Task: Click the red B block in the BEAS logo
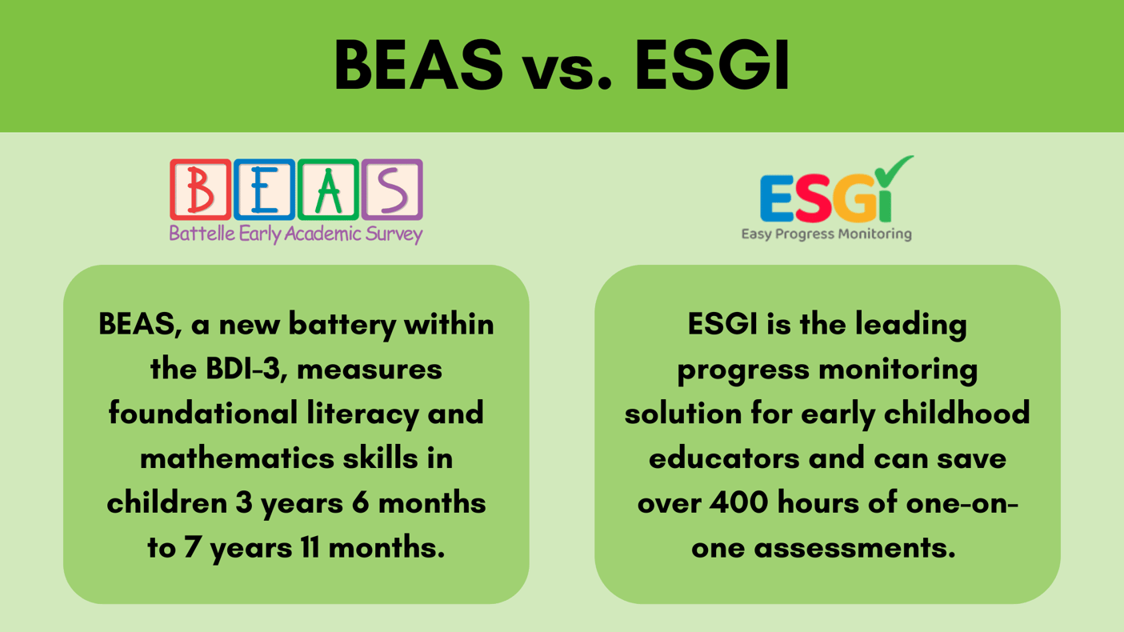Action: (x=200, y=190)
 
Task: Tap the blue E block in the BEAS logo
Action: (x=264, y=190)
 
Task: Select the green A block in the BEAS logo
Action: (x=328, y=190)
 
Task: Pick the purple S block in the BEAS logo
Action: (x=392, y=190)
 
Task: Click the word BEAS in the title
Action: (x=418, y=66)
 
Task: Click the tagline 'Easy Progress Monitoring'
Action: (x=826, y=234)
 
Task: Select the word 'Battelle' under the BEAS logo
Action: (x=197, y=234)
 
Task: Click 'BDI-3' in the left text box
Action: (x=236, y=370)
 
